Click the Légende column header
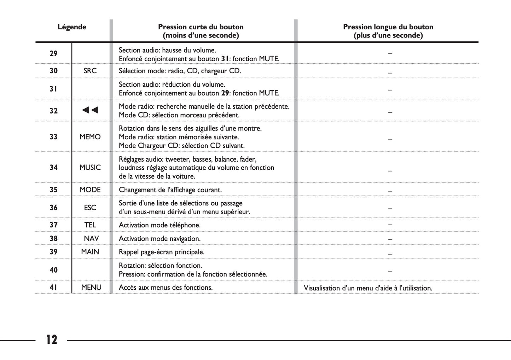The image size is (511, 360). tap(72, 27)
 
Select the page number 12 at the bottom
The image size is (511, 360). tap(52, 339)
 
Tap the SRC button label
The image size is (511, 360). tap(90, 71)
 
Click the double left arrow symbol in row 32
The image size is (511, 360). tap(90, 110)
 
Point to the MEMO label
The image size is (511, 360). tap(90, 137)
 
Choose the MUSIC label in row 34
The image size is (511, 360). tap(90, 168)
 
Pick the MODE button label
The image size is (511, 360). tap(90, 190)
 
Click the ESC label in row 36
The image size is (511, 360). tap(90, 208)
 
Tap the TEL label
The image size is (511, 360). tap(90, 225)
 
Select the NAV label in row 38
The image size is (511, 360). tap(91, 238)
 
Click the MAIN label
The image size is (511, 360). tap(90, 252)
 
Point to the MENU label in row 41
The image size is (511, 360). tap(91, 288)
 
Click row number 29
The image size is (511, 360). tap(53, 53)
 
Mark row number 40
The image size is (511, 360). tap(53, 270)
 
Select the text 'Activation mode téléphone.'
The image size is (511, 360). tap(159, 225)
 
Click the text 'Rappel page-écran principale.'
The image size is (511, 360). tap(162, 252)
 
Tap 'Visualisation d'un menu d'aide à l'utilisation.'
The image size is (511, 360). tap(368, 288)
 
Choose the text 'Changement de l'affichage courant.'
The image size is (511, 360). tap(170, 190)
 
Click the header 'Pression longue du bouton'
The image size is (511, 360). tap(388, 27)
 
